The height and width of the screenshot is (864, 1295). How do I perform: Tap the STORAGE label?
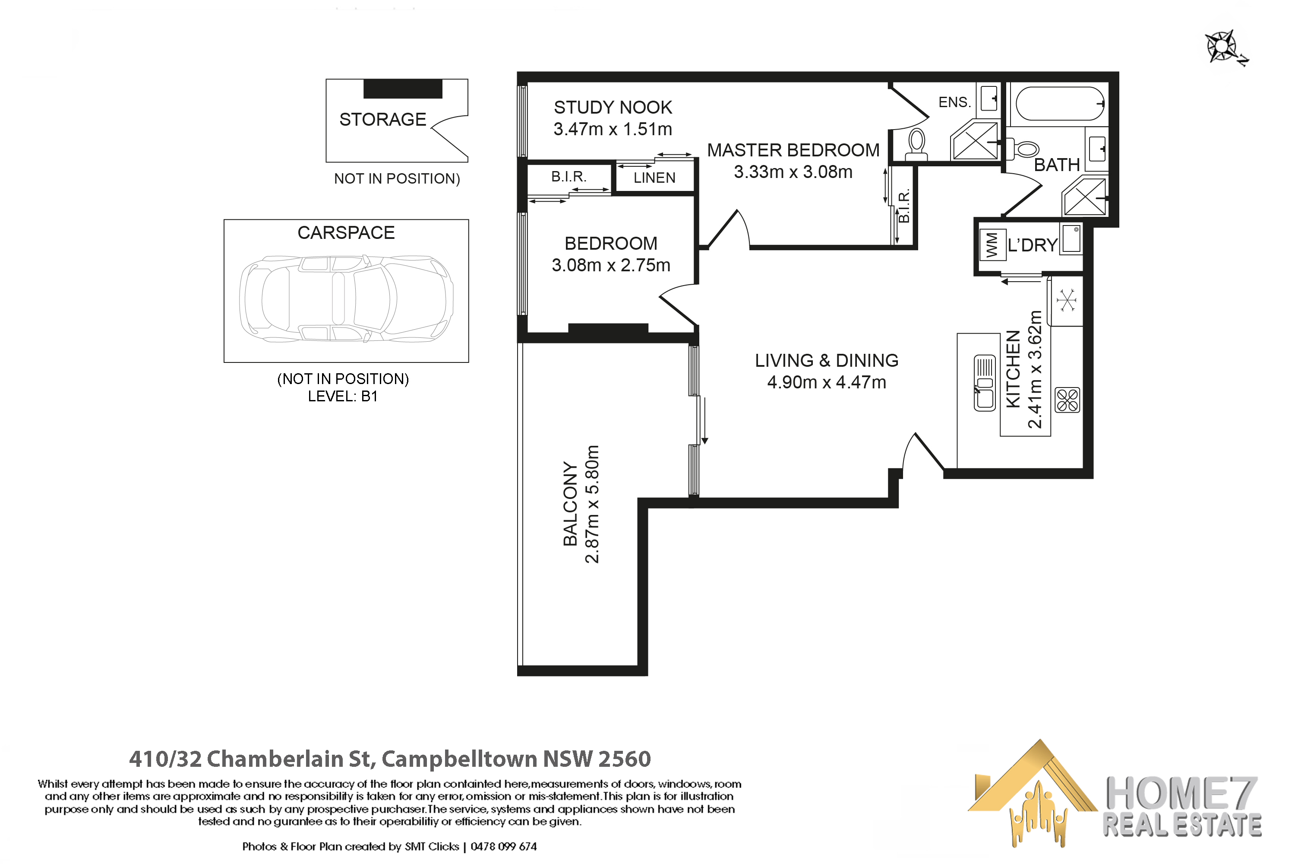tap(382, 120)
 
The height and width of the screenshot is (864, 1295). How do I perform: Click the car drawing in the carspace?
tap(346, 299)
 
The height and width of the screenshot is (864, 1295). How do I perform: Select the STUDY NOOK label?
tap(613, 108)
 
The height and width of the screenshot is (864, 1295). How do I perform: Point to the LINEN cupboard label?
tap(654, 178)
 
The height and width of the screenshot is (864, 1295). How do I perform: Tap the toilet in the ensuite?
tap(917, 143)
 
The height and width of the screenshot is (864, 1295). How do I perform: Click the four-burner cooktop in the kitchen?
tap(1067, 400)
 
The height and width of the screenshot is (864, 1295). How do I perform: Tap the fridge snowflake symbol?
tap(1067, 301)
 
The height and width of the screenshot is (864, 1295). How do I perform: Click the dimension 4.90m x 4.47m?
tap(827, 382)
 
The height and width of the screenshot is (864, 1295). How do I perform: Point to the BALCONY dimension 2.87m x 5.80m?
tap(592, 504)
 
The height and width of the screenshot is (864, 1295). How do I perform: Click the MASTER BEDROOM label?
tap(793, 150)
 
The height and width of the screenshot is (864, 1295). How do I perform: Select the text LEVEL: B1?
tap(342, 397)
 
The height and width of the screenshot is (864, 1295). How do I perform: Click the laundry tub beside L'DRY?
tap(1071, 239)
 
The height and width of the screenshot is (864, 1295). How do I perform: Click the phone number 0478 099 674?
tap(503, 847)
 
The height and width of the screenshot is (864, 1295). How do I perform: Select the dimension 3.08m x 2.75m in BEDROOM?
tap(611, 266)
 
